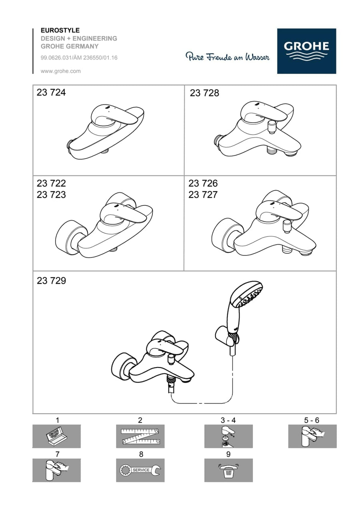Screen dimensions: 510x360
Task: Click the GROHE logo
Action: point(306,51)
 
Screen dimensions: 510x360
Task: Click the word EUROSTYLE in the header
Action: point(60,30)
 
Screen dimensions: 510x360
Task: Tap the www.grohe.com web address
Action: point(61,71)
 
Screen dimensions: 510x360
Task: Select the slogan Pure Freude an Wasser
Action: point(227,56)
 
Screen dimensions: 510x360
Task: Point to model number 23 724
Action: point(51,92)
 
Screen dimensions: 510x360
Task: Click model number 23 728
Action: point(204,93)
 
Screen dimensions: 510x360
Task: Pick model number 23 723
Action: point(51,195)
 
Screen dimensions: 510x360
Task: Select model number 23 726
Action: point(203,183)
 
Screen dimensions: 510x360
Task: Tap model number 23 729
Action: point(51,281)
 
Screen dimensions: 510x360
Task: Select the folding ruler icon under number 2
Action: point(140,436)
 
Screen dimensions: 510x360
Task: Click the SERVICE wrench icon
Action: point(140,470)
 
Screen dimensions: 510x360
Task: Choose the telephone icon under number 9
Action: point(228,470)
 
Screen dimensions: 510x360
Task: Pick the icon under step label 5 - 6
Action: point(312,436)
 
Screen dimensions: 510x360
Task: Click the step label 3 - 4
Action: point(228,420)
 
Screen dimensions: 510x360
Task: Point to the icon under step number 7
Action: point(56,470)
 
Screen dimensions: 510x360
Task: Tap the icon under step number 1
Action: point(56,436)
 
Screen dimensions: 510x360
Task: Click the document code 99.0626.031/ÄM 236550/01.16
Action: point(79,58)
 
